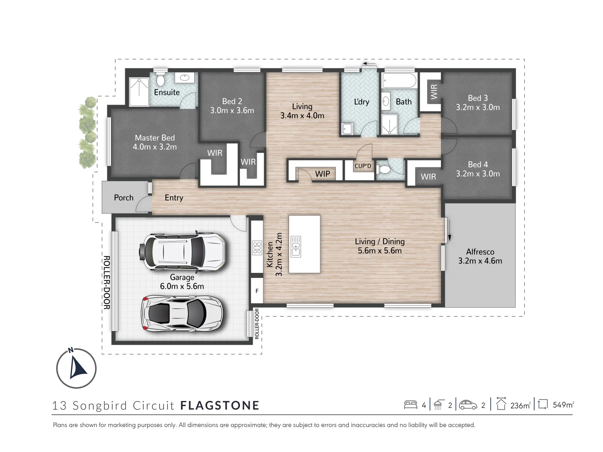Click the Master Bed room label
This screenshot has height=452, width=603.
click(x=155, y=138)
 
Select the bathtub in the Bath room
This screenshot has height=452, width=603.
click(x=400, y=80)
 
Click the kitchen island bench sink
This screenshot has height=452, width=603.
click(x=296, y=246)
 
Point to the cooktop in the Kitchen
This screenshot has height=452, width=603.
click(x=257, y=247)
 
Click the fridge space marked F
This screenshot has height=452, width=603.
click(x=257, y=290)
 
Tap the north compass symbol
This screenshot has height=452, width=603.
click(x=76, y=368)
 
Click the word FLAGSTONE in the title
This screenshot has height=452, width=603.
click(x=220, y=406)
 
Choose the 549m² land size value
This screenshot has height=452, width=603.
click(x=563, y=405)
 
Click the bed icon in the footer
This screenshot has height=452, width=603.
click(x=410, y=405)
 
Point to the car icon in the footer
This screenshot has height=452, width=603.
click(x=468, y=405)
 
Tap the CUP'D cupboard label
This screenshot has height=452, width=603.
click(x=363, y=166)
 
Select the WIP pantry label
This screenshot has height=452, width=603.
click(x=322, y=174)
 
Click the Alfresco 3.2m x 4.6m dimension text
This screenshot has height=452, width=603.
click(x=480, y=261)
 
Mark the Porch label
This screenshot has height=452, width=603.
click(x=124, y=198)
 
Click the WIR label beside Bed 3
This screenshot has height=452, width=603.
click(x=434, y=92)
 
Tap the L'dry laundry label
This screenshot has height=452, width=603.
click(x=361, y=102)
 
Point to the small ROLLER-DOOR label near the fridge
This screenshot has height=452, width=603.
click(x=257, y=324)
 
